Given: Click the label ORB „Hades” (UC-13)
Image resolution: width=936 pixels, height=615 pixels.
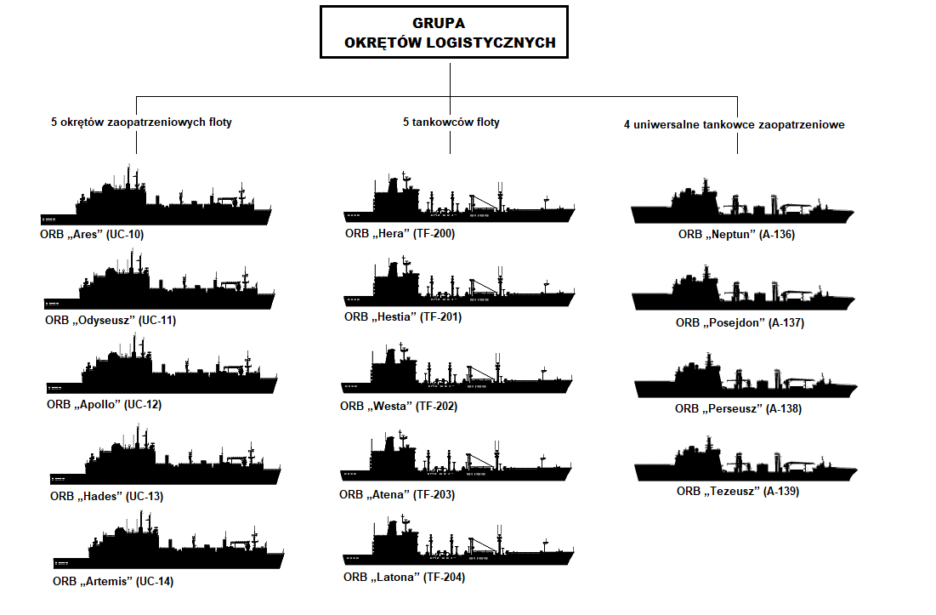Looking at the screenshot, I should click(x=106, y=497).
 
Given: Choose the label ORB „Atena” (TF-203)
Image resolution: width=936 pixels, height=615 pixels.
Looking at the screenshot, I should click(x=396, y=495).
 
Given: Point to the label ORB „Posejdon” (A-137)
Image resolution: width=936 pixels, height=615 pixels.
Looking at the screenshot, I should click(x=740, y=323).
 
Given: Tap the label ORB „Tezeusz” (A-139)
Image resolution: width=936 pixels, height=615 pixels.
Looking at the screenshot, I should click(x=738, y=492).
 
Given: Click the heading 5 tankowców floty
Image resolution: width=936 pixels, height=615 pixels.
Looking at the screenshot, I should click(x=451, y=122).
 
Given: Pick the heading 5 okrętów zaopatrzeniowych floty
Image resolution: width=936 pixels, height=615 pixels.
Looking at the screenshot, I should click(x=141, y=122).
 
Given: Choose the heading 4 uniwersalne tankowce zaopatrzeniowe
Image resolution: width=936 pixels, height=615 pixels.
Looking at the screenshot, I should click(x=734, y=125).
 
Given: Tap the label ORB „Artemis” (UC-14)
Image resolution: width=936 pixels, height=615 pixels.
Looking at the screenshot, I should click(x=112, y=582).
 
